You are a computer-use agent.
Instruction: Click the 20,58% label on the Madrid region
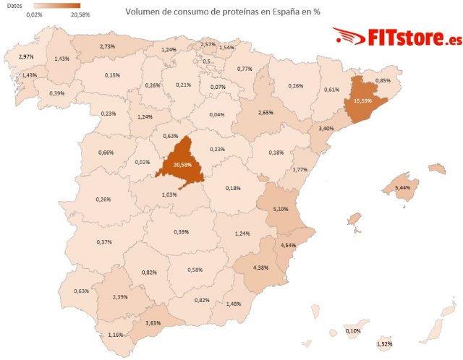pyautogui.click(x=174, y=165)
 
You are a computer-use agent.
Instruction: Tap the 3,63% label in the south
pyautogui.click(x=153, y=322)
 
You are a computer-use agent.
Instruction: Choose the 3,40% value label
pyautogui.click(x=327, y=129)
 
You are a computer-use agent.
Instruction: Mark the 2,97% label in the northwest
pyautogui.click(x=26, y=56)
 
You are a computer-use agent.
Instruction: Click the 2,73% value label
pyautogui.click(x=107, y=46)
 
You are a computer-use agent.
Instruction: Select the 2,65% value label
pyautogui.click(x=266, y=113)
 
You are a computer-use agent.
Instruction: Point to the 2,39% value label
pyautogui.click(x=121, y=297)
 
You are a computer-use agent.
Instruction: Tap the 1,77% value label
pyautogui.click(x=301, y=170)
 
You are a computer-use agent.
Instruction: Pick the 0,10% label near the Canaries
pyautogui.click(x=354, y=331)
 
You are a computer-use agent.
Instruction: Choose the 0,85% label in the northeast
pyautogui.click(x=383, y=80)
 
